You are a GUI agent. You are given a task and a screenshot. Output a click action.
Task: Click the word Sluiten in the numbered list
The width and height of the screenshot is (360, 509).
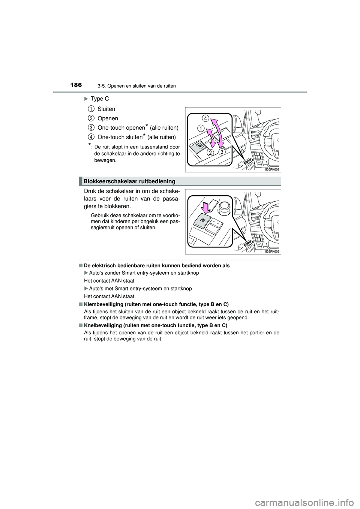(106, 109)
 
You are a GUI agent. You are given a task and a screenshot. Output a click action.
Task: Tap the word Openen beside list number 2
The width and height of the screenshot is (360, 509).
(108, 118)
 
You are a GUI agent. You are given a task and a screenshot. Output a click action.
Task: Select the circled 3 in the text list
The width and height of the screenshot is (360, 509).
(91, 128)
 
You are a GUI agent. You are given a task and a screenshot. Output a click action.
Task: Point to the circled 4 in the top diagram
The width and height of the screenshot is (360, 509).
(204, 118)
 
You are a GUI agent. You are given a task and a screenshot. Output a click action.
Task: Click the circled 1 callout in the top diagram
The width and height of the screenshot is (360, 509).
(201, 128)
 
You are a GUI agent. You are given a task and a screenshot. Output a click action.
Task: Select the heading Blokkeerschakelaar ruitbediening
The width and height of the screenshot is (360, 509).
(129, 181)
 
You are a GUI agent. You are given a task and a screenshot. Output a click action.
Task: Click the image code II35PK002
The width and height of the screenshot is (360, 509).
(272, 169)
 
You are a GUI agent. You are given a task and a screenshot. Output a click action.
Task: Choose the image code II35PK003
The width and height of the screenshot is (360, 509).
(272, 252)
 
